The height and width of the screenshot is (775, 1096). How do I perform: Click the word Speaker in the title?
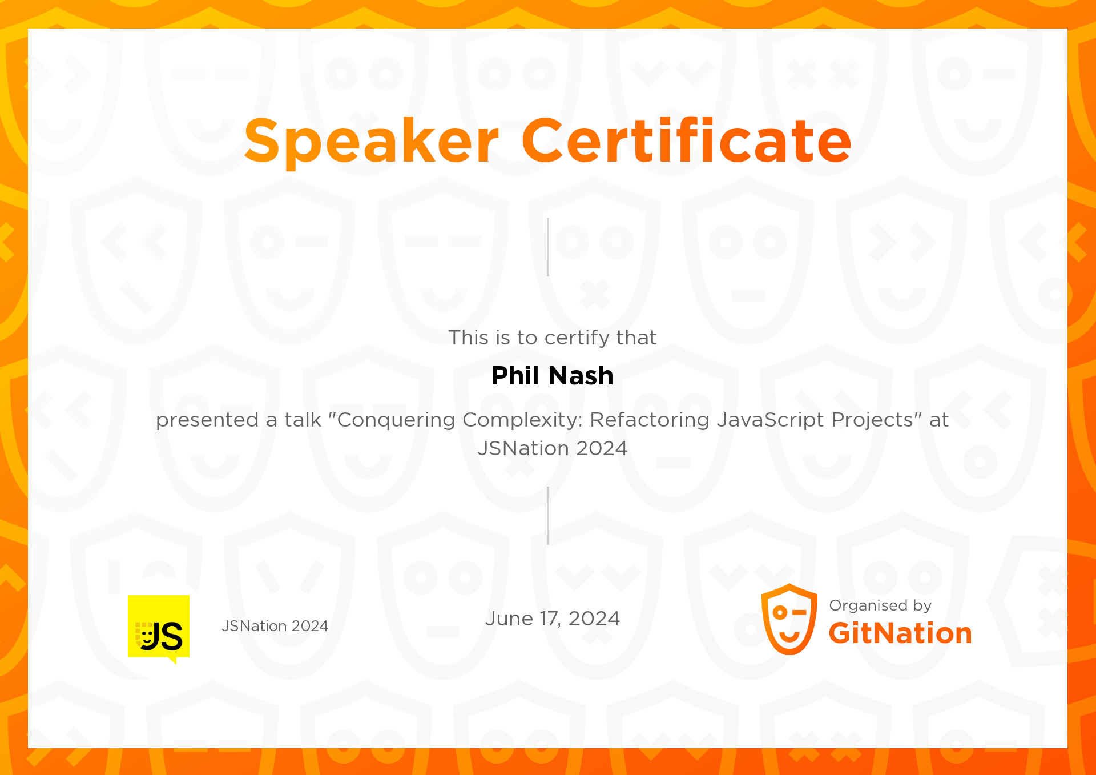[x=372, y=141]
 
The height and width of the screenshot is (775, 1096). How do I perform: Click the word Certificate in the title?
[x=687, y=140]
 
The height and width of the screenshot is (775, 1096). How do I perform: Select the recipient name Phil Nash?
[x=553, y=376]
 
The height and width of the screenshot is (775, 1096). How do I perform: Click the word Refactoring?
[x=650, y=420]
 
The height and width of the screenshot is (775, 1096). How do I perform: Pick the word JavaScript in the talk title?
[x=771, y=420]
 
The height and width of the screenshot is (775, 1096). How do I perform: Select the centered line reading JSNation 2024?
[x=553, y=448]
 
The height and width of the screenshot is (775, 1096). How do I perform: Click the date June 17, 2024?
[x=553, y=619]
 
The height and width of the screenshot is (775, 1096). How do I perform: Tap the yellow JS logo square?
[x=159, y=627]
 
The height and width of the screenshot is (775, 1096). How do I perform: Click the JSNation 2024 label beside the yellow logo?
[x=275, y=626]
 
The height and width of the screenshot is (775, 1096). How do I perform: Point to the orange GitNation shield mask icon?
[x=789, y=619]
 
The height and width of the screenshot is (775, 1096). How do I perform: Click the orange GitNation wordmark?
[x=900, y=633]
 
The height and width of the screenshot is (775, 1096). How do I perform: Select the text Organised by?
[x=880, y=605]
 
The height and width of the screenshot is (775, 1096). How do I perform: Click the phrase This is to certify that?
[x=553, y=338]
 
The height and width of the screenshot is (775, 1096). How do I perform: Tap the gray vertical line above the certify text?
[x=548, y=247]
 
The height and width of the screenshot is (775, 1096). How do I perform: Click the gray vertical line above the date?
[x=548, y=516]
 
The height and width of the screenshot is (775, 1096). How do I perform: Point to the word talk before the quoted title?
[x=303, y=420]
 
